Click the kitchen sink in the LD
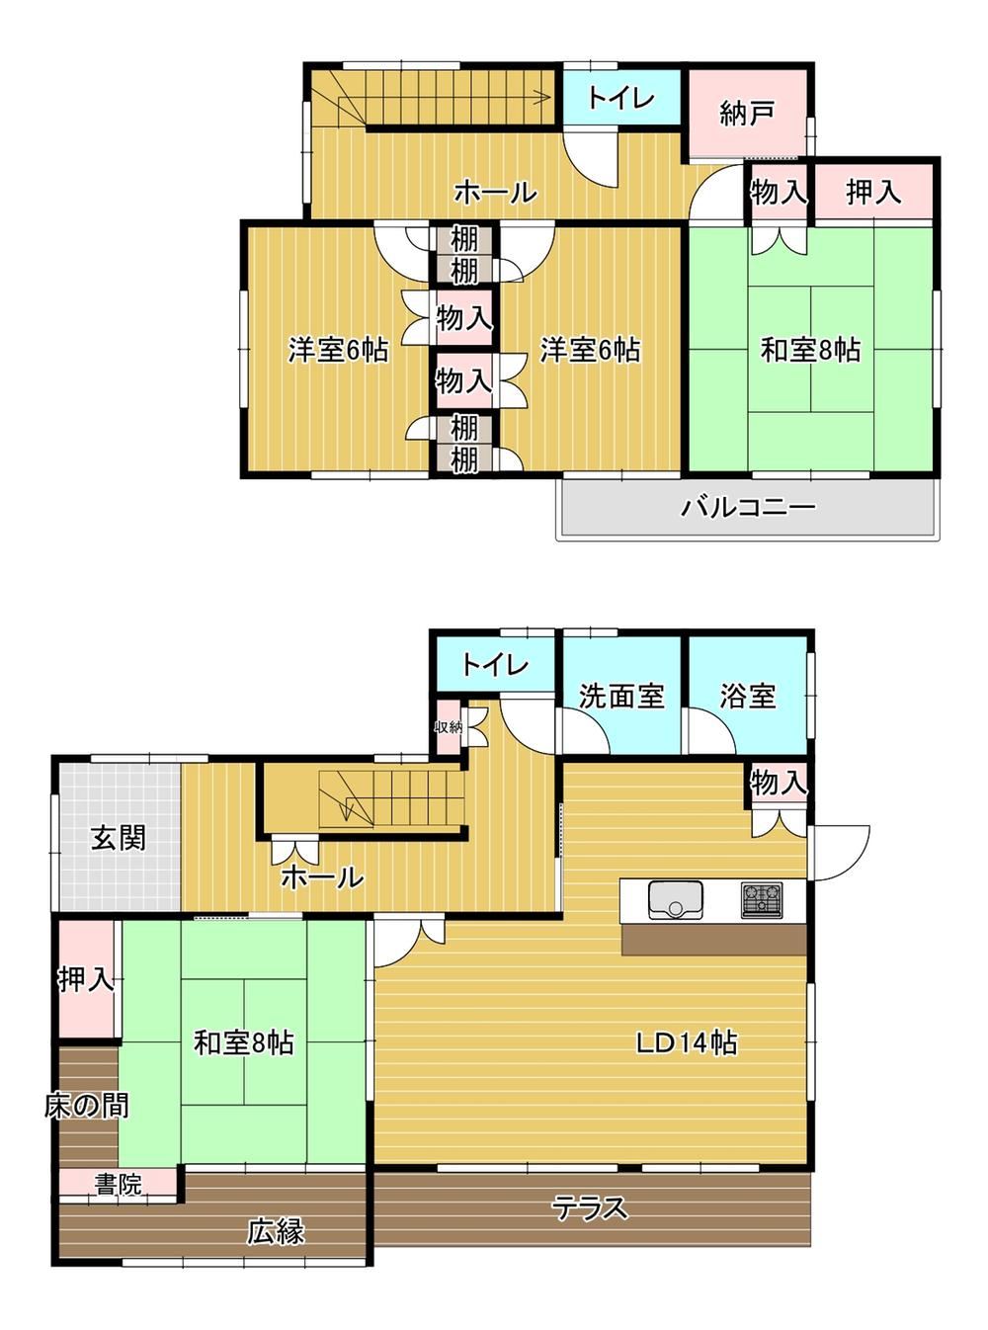pyautogui.click(x=675, y=900)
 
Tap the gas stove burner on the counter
pyautogui.click(x=762, y=899)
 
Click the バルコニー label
pyautogui.click(x=748, y=507)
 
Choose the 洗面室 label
pyautogui.click(x=621, y=696)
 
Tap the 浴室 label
pyautogui.click(x=748, y=696)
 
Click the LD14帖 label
pyautogui.click(x=687, y=1044)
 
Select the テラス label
pyautogui.click(x=591, y=1207)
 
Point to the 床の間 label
pyautogui.click(x=86, y=1105)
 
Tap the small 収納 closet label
pyautogui.click(x=449, y=727)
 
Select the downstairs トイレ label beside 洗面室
pyautogui.click(x=495, y=664)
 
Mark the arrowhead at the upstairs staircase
pyautogui.click(x=546, y=96)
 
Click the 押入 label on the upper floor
pyautogui.click(x=873, y=192)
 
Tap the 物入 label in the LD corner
pyautogui.click(x=778, y=782)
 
